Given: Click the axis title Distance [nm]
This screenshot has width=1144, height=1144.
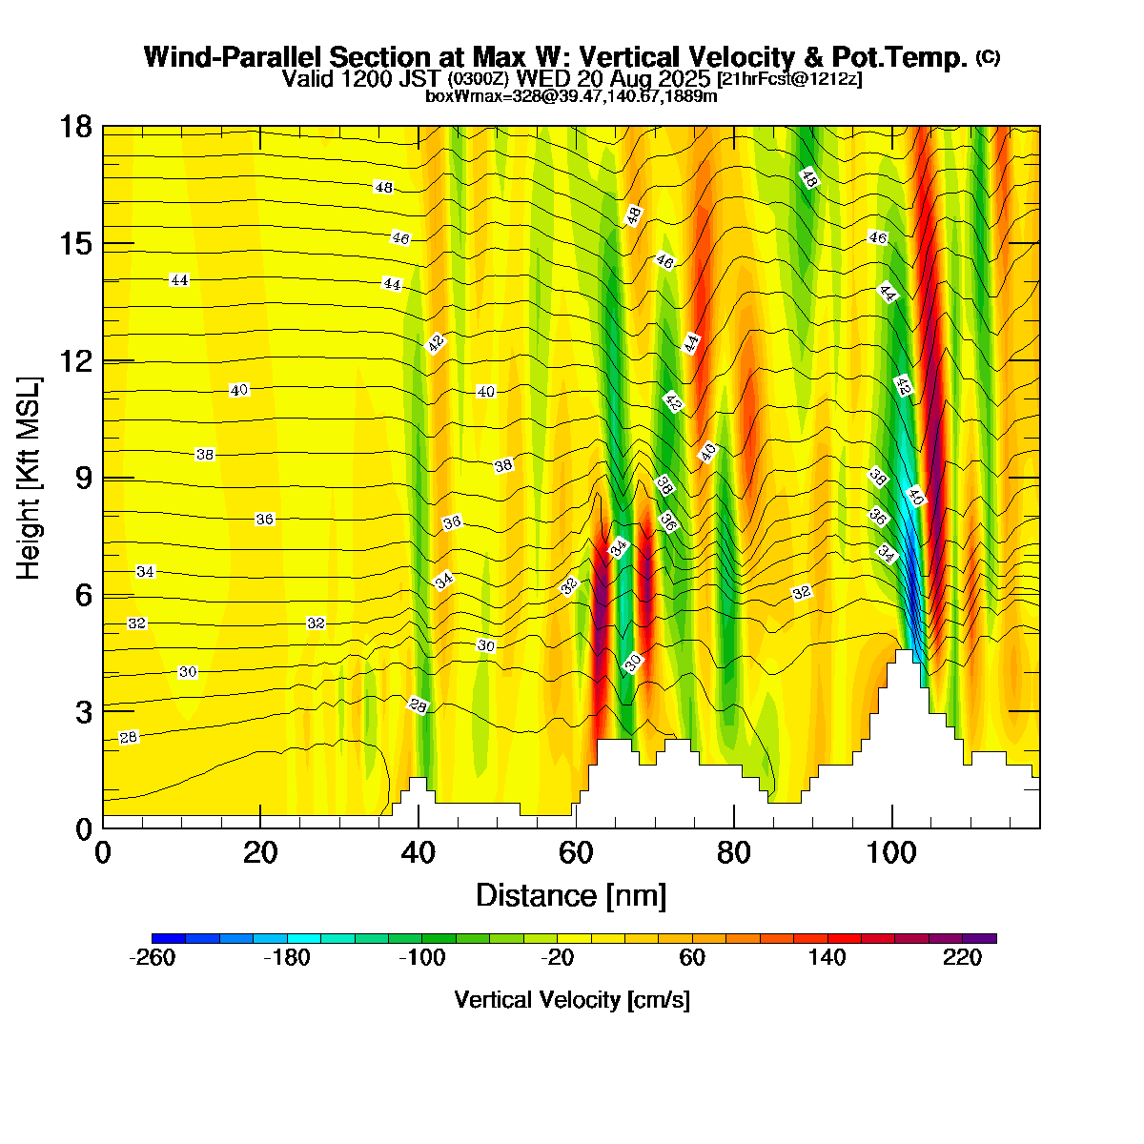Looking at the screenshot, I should pos(570,896).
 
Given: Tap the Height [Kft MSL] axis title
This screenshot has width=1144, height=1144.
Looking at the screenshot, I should pos(30,478).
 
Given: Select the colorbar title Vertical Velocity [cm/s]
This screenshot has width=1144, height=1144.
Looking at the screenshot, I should pos(572,1000).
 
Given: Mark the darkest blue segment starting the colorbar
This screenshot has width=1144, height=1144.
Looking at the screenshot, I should pos(169,938).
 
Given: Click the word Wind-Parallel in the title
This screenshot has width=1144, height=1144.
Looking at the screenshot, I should pos(232,57).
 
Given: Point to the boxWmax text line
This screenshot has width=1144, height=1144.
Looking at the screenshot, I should pos(571,95).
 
